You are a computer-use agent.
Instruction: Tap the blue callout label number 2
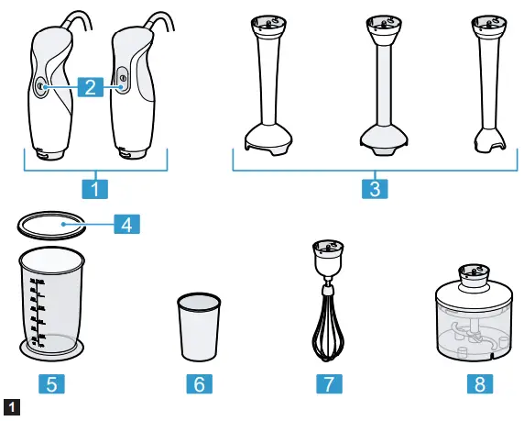[x=88, y=87]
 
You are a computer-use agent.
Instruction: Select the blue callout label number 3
[x=373, y=189]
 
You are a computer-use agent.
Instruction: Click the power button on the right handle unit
[x=123, y=80]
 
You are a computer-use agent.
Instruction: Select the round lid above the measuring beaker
[x=51, y=223]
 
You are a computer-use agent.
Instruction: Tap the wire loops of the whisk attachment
[x=327, y=327]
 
